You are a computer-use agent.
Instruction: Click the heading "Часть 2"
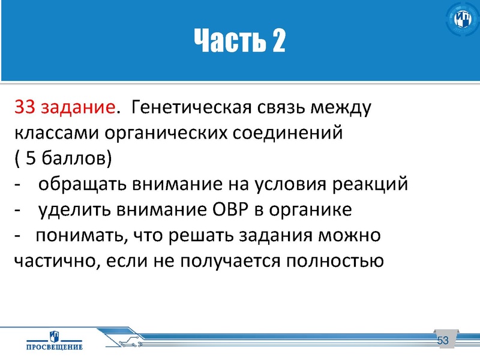tap(239, 41)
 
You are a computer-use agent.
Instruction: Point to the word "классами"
tap(47, 133)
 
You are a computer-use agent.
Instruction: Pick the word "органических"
tap(146, 133)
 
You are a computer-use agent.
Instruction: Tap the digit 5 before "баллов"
tap(28, 158)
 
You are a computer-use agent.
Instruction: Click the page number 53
tap(443, 341)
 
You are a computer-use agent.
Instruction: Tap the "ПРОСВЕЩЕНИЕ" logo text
tap(55, 347)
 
